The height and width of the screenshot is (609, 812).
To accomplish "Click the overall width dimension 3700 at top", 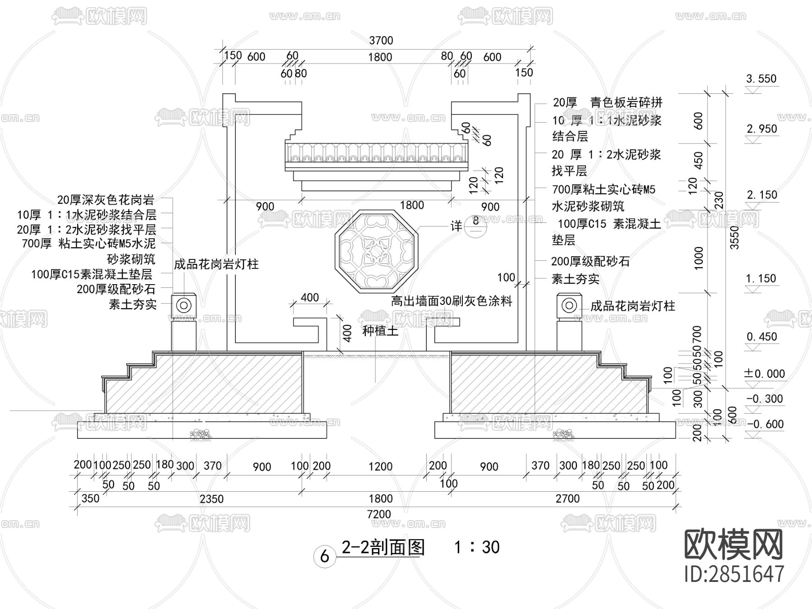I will [x=381, y=41].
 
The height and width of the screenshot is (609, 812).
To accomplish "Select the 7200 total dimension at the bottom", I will [x=379, y=514].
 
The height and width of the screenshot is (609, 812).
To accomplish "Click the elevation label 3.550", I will [x=761, y=79].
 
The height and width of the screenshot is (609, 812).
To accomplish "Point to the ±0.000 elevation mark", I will [x=764, y=374].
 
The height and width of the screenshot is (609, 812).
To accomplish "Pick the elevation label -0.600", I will [x=765, y=424].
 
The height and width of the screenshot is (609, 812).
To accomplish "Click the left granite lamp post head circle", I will [x=184, y=305].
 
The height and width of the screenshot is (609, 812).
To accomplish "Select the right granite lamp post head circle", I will [x=568, y=305].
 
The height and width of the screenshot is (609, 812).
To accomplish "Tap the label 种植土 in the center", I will [x=380, y=331].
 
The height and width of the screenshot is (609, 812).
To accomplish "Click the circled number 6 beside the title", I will [x=324, y=556].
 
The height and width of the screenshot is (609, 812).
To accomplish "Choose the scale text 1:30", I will [x=477, y=547].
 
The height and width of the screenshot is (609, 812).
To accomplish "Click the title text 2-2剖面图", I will [x=383, y=547].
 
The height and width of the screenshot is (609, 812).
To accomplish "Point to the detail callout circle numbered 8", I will [x=475, y=225].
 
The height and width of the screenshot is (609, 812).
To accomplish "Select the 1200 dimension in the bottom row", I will [x=380, y=466].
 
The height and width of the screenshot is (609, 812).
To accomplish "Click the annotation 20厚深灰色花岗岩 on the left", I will [x=106, y=200].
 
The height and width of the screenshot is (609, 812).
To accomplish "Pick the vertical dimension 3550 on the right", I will [x=735, y=238].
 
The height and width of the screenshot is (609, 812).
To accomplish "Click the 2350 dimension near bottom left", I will [x=212, y=498].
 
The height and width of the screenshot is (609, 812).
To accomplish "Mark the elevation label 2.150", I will [x=762, y=195].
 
